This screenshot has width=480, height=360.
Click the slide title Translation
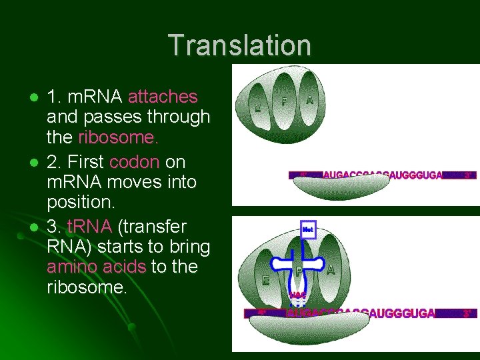pos(239,46)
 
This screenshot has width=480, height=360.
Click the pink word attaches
pos(163,97)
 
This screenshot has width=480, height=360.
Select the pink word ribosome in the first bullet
pos(118,138)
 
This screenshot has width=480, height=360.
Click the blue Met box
pos(307,229)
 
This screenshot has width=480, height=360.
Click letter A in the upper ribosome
pos(310,99)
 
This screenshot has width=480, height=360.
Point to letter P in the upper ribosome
pos(284,102)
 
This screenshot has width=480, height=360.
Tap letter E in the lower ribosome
pos(266,281)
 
